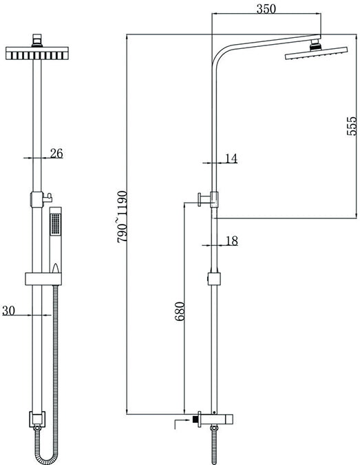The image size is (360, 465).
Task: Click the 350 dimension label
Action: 266,9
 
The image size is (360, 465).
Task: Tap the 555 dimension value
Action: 352,126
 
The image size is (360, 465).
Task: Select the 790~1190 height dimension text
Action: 122,217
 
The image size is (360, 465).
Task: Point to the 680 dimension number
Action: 180,311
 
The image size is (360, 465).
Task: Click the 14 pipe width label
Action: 231,158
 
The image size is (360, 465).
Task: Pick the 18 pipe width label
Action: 232,241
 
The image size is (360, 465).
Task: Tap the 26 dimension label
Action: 56,154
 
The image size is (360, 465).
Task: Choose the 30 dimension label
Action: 8,311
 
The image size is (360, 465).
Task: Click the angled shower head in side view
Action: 316,53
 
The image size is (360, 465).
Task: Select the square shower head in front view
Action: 37,53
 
